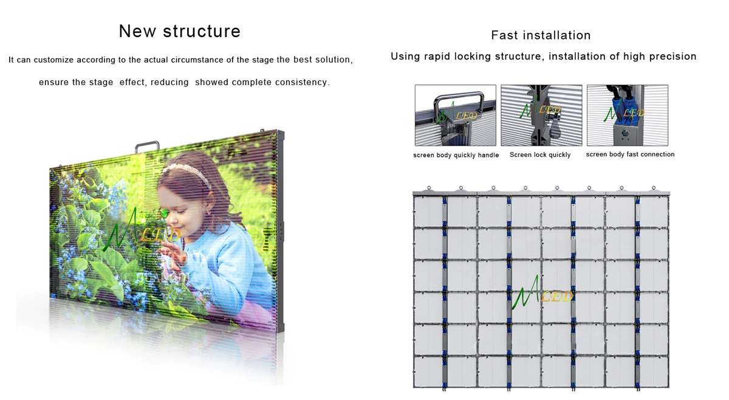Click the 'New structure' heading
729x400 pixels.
click(180, 31)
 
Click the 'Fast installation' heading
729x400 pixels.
click(541, 35)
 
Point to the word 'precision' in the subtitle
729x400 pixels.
click(671, 57)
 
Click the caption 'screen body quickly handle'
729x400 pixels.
click(456, 156)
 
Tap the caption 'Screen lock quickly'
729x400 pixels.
click(540, 155)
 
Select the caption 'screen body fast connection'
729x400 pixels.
click(630, 154)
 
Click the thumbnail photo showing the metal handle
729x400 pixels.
click(455, 116)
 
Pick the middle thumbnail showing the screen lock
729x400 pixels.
click(541, 116)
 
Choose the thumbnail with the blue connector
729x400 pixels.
click(627, 116)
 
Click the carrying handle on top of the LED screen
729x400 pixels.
click(147, 147)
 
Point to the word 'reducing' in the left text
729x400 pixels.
click(169, 82)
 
